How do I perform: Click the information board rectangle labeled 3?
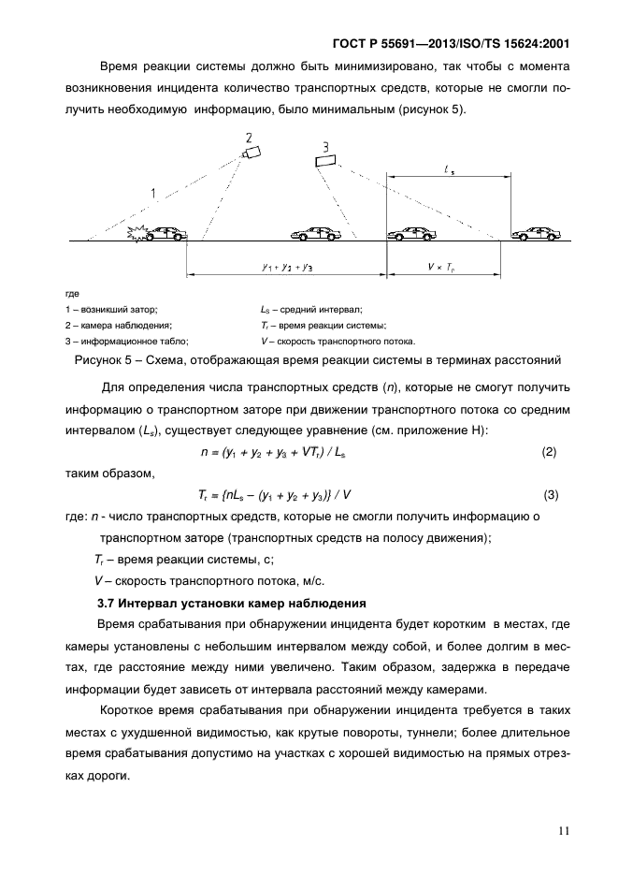325,162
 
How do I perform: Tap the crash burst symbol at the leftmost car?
138,235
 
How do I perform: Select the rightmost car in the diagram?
539,233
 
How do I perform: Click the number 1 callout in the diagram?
152,194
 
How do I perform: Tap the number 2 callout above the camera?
248,138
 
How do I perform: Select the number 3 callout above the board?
324,146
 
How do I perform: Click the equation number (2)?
549,452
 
